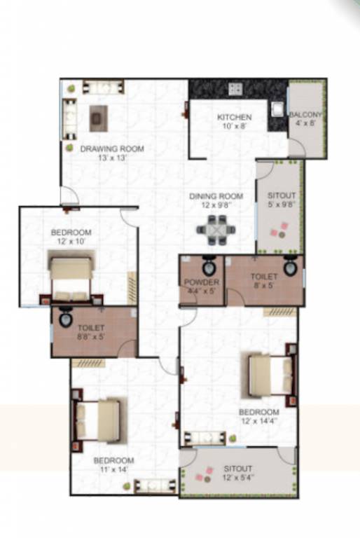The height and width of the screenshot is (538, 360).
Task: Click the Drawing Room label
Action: coord(111,153)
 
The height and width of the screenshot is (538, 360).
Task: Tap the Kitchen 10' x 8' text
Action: coord(234,121)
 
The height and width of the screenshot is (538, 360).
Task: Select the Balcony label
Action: coord(307,119)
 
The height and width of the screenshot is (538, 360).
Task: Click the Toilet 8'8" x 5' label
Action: coord(91,332)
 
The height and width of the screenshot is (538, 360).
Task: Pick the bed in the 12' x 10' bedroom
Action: coord(71,278)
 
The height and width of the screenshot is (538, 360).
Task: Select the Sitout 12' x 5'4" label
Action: coord(237,472)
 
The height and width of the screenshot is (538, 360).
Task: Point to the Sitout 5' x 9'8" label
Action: coord(282,200)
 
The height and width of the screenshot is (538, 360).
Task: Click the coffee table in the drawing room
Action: coord(99,118)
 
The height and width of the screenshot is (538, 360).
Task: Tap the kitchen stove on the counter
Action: coord(235,89)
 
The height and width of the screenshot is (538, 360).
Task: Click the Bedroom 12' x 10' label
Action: coord(71,237)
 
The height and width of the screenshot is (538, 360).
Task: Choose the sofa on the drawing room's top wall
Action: coord(103,88)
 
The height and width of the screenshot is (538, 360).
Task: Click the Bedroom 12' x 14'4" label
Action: coord(258,416)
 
